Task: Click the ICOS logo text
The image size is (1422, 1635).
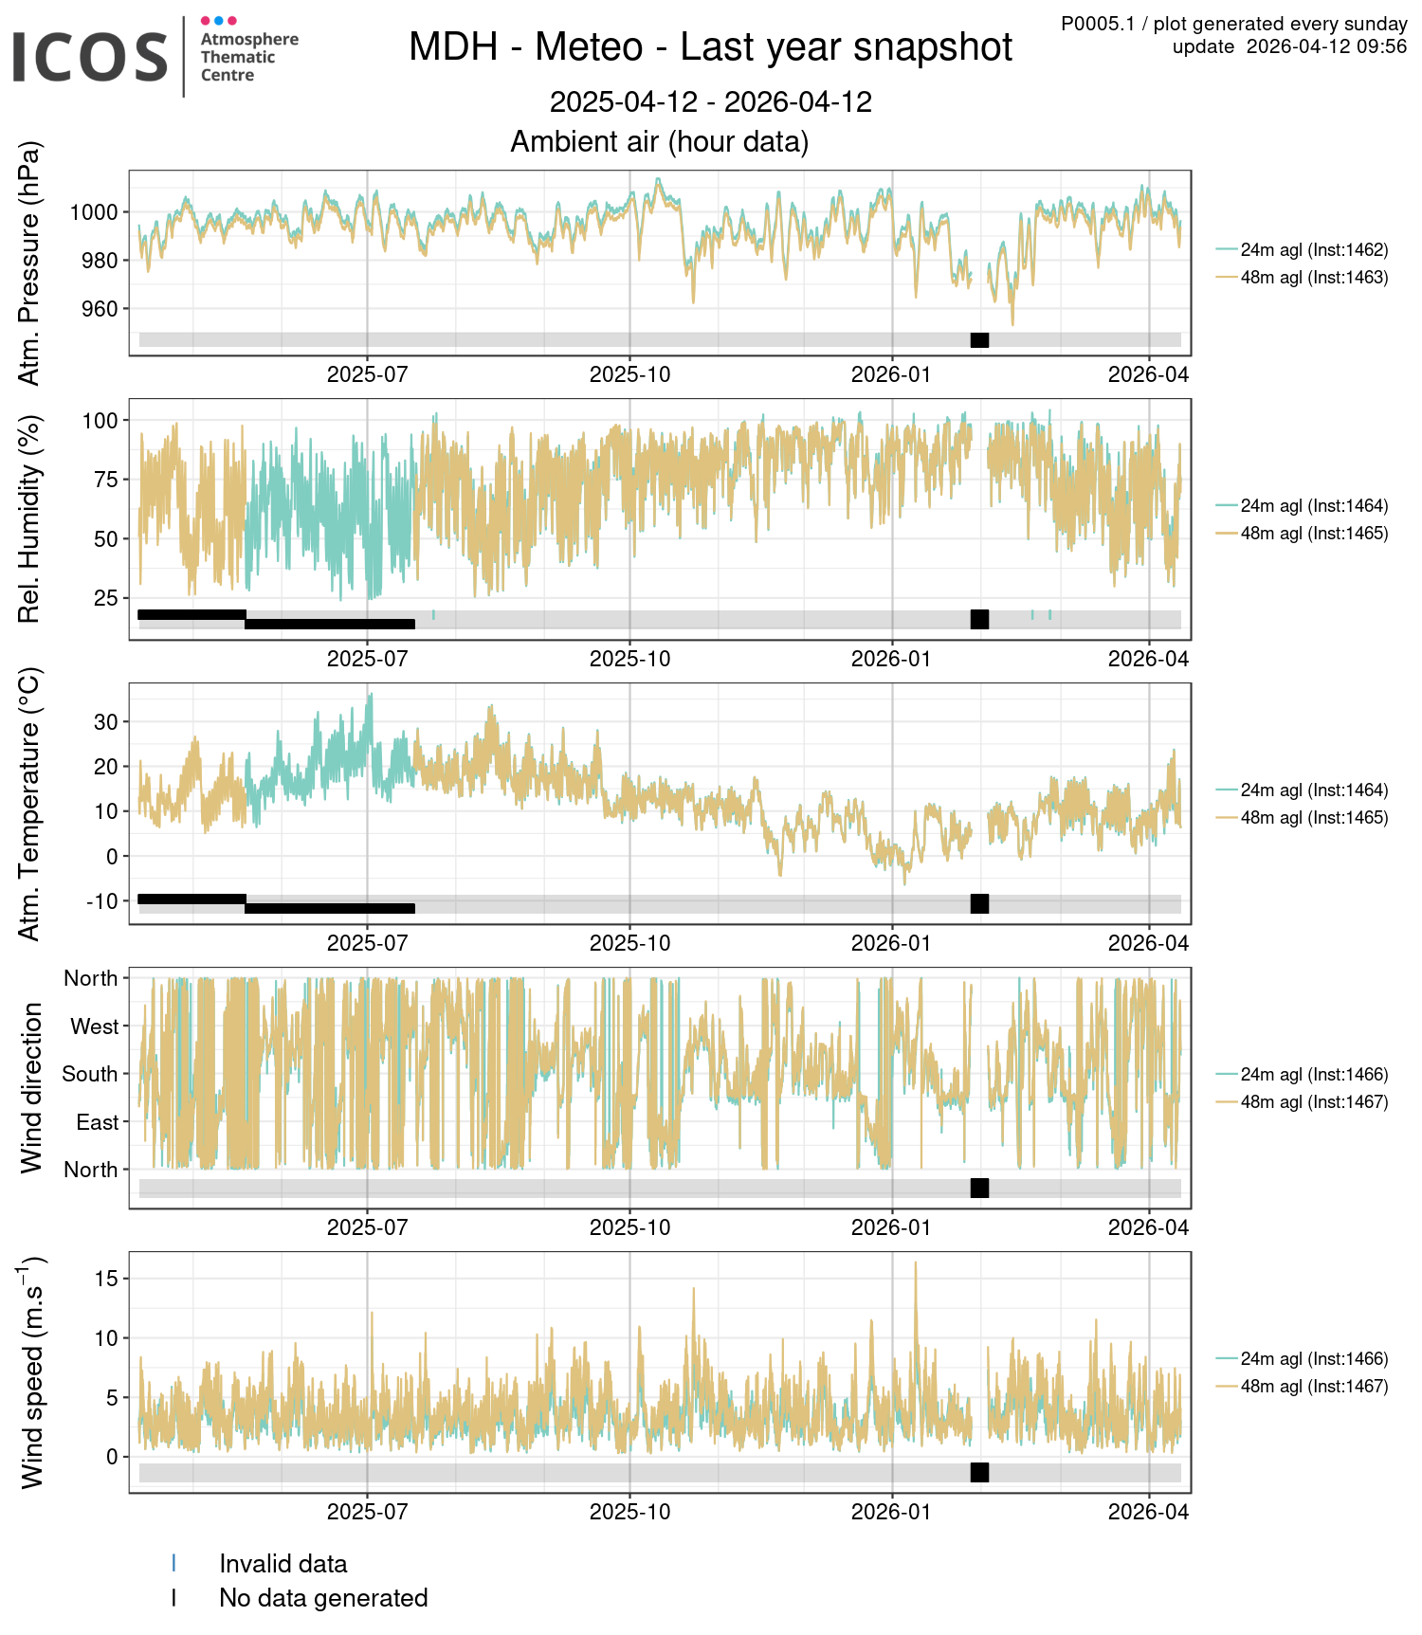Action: (90, 57)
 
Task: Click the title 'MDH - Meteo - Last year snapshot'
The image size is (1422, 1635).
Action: (710, 47)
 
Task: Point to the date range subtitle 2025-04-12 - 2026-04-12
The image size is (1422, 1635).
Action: (710, 102)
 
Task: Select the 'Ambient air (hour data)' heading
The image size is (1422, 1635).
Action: (660, 142)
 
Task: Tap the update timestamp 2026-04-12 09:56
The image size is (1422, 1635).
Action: (1326, 47)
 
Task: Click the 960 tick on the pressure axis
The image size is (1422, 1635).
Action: (100, 309)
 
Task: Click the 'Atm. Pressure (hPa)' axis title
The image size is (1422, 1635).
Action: (30, 263)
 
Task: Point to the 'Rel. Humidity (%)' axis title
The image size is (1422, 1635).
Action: (30, 519)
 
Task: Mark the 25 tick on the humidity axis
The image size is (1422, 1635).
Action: (106, 598)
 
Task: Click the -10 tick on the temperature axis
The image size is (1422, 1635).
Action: (101, 901)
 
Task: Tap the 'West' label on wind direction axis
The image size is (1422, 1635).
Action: (94, 1026)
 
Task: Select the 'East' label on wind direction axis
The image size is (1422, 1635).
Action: (97, 1122)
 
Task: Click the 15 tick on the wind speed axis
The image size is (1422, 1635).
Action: (106, 1279)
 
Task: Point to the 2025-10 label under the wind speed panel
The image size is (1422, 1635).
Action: (629, 1512)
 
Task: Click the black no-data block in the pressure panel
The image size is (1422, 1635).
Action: (979, 340)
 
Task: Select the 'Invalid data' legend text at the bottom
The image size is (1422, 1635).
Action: (283, 1564)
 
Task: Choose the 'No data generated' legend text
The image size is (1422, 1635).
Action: (323, 1598)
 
